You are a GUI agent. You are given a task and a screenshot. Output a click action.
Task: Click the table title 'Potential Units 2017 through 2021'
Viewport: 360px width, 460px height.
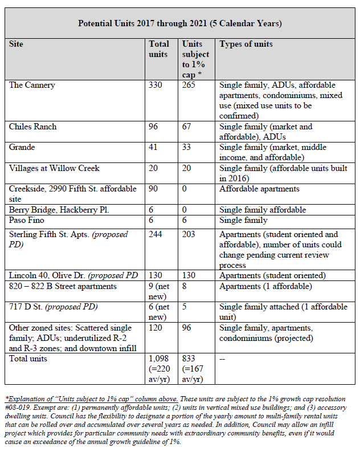point(180,23)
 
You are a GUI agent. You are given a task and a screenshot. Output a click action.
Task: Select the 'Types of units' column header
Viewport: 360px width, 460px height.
point(246,44)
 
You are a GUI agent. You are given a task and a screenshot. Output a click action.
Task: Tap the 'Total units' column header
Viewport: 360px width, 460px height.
point(159,49)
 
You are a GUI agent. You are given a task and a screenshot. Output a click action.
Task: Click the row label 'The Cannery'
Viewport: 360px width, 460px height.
point(31,85)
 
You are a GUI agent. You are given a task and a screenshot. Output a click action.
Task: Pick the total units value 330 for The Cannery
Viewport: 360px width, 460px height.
point(156,85)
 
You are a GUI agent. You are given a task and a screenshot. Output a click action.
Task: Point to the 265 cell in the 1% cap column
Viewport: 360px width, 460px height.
point(189,85)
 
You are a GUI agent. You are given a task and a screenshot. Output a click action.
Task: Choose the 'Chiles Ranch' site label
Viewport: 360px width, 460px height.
point(33,127)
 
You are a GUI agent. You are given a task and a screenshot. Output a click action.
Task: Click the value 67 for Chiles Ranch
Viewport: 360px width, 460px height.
point(187,127)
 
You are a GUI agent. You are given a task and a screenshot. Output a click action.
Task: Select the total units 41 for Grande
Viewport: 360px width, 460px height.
point(154,147)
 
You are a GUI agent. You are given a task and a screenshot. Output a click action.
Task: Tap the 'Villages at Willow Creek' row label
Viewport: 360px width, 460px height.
point(54,168)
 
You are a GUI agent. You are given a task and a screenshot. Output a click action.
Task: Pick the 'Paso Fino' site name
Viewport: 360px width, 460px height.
point(27,220)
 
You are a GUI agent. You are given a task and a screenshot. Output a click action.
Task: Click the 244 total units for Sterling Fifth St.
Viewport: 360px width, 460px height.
point(156,234)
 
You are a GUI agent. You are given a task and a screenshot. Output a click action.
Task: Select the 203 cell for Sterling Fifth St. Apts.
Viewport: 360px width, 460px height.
point(189,234)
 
